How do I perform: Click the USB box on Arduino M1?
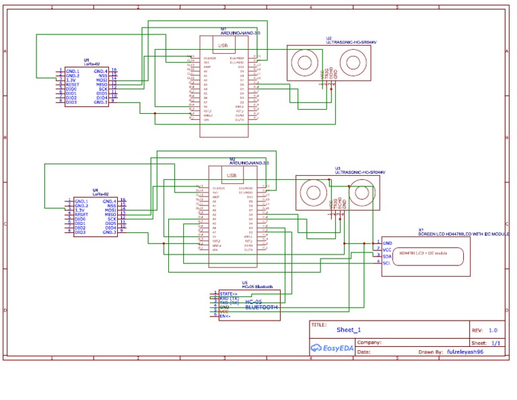[223, 45]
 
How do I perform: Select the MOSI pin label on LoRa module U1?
[102, 79]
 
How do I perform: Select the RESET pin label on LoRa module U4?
[81, 214]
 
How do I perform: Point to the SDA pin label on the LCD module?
[386, 257]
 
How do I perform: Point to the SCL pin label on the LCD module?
[386, 263]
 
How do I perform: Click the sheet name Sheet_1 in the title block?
[349, 330]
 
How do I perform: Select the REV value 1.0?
[493, 331]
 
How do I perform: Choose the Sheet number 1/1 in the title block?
[495, 343]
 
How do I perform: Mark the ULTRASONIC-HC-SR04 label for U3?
[359, 172]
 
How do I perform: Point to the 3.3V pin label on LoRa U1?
[71, 79]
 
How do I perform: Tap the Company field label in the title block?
[369, 342]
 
